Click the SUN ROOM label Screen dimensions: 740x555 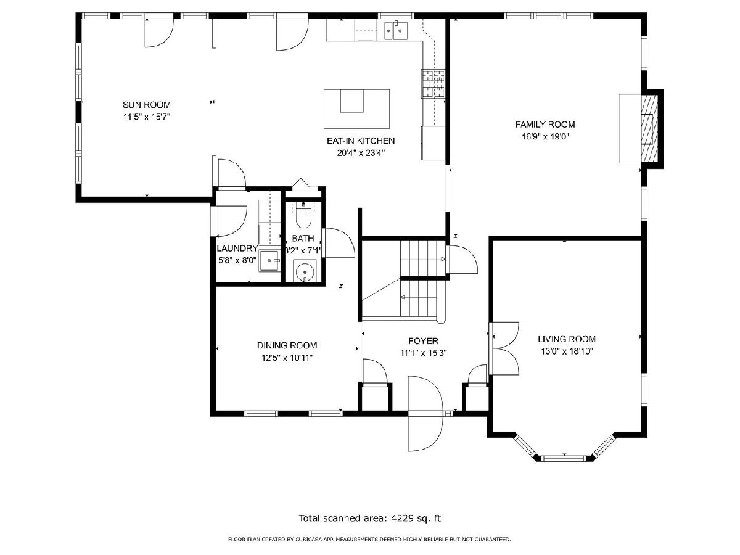(146, 105)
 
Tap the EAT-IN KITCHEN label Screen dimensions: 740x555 (361, 141)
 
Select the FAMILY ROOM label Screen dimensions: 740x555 (545, 125)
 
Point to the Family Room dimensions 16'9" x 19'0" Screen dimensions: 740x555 (546, 136)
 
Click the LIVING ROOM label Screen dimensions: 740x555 (567, 339)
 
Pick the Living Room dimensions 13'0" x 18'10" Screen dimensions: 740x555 (567, 351)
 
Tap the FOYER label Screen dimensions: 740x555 (423, 341)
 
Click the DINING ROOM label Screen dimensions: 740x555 (287, 345)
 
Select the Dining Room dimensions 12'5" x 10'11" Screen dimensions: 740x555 (287, 358)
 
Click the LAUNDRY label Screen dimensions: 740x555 (237, 249)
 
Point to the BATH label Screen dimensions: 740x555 (303, 239)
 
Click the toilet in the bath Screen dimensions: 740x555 (303, 216)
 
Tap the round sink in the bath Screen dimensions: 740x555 (305, 271)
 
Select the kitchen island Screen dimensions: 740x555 (356, 109)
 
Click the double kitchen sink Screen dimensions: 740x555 (396, 31)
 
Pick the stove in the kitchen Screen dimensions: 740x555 (432, 84)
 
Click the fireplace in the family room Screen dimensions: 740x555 (641, 128)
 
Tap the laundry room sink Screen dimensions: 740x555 (269, 261)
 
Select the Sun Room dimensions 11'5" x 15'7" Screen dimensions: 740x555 (146, 117)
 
